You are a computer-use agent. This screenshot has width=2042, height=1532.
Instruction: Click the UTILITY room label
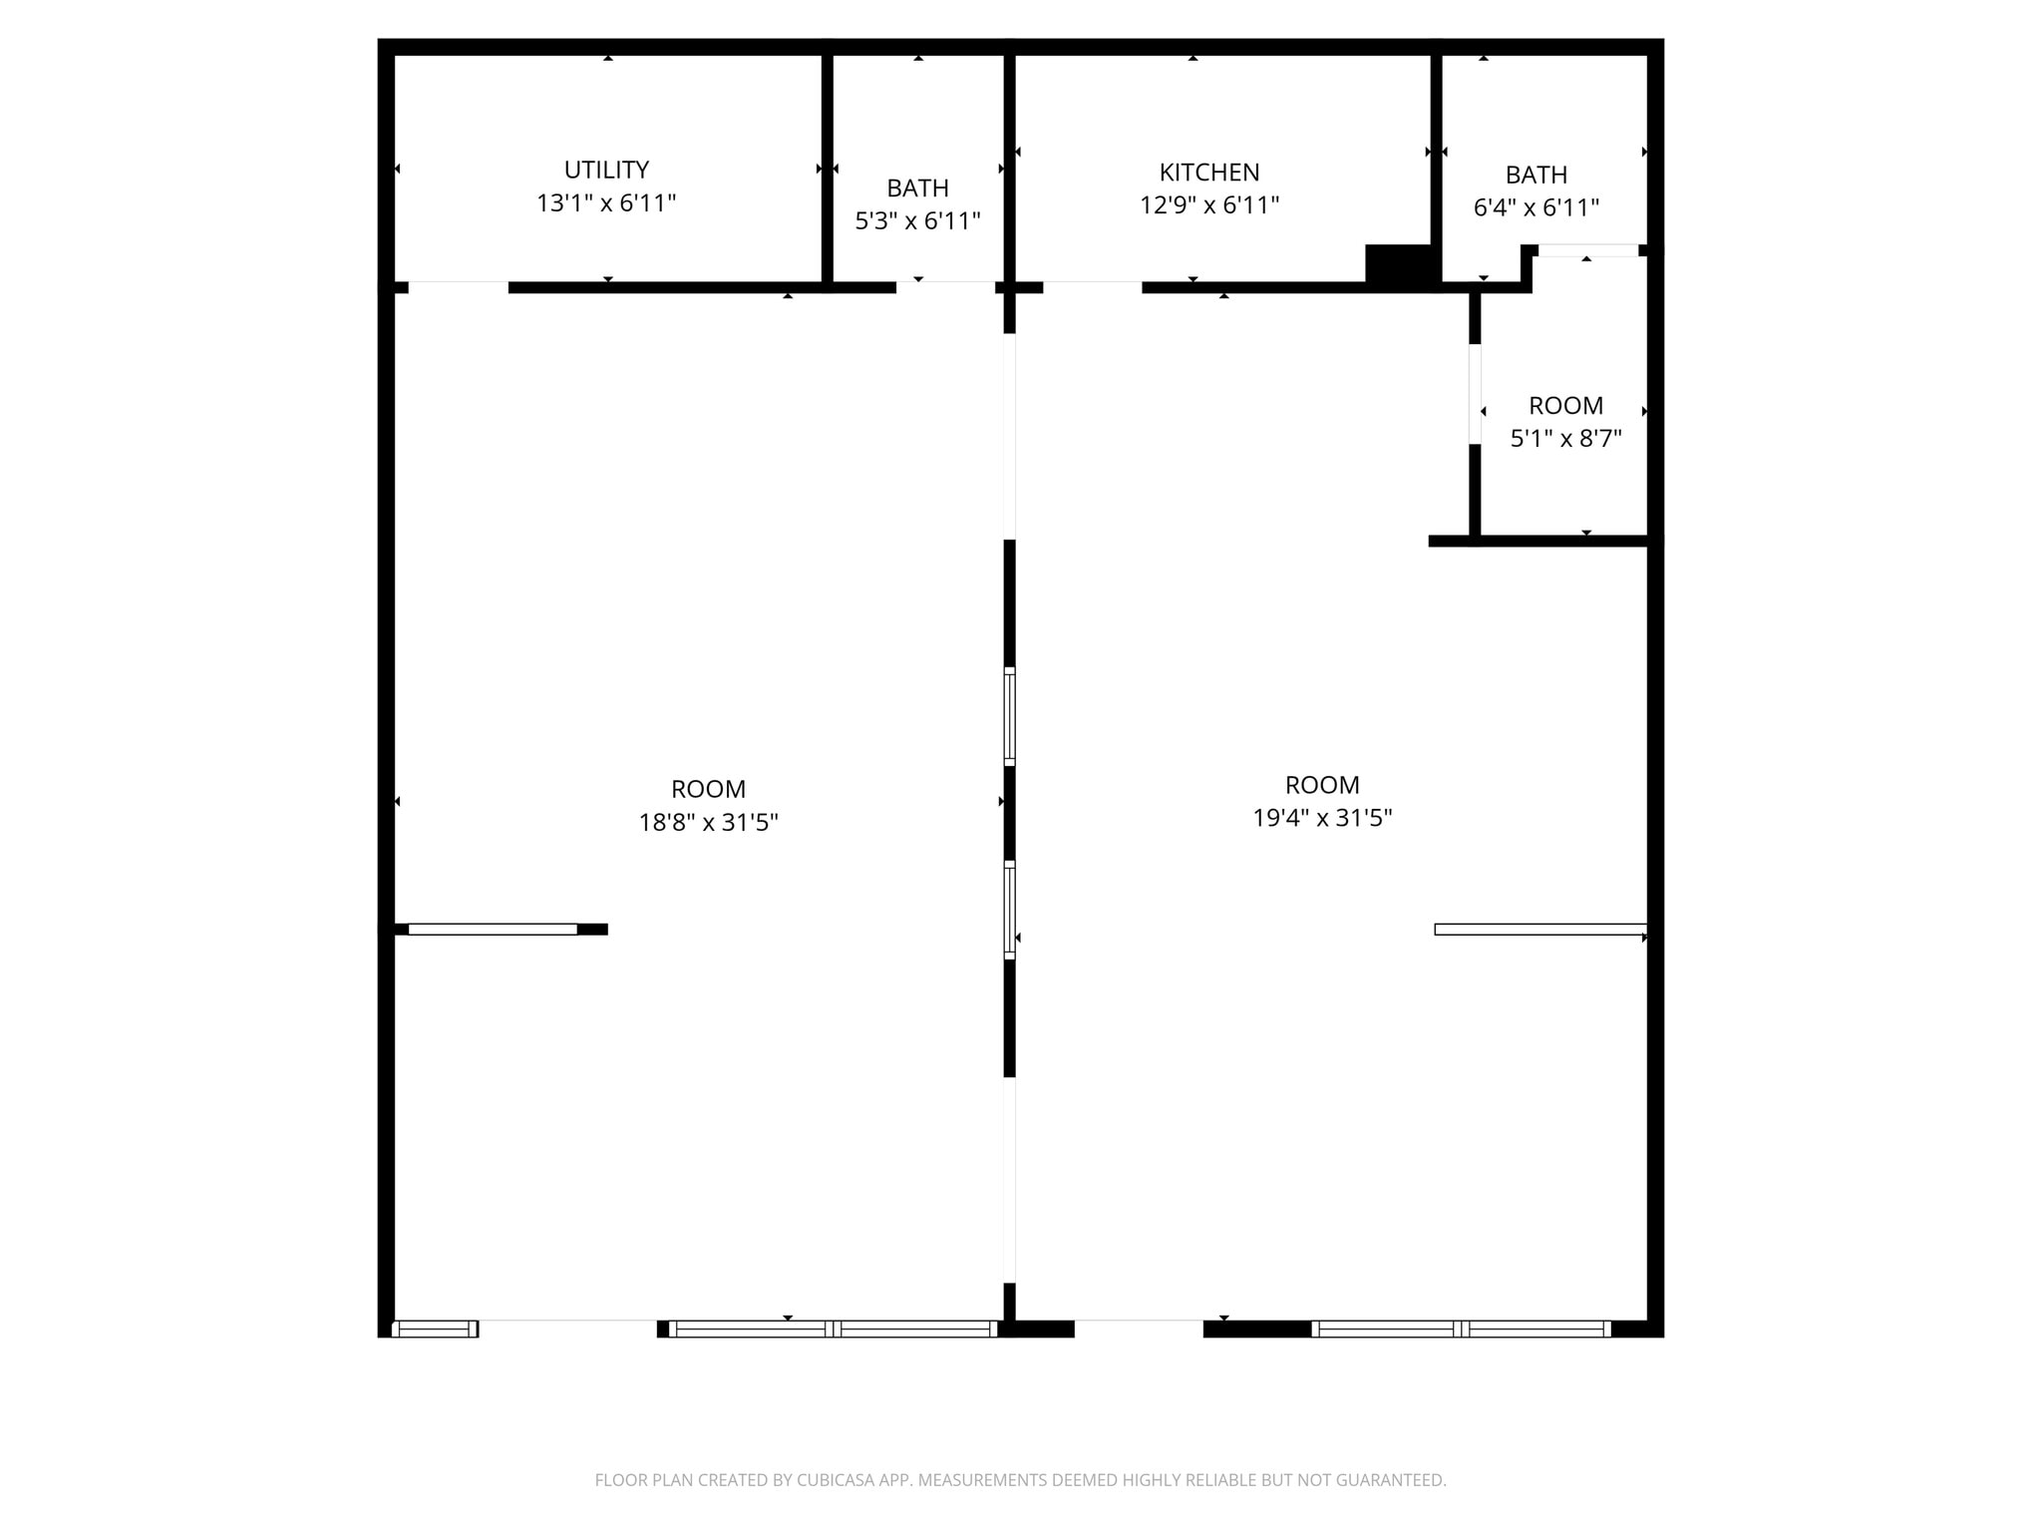coord(606,170)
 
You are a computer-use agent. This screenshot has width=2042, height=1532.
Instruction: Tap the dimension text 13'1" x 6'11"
coord(606,203)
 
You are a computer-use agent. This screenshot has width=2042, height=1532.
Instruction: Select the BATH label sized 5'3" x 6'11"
coord(917,189)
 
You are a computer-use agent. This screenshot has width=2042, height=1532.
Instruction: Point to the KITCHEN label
coord(1208,173)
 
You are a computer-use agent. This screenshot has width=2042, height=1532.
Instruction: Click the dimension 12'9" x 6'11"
coord(1208,205)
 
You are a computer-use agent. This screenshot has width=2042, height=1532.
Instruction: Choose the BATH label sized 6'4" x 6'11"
coord(1535,176)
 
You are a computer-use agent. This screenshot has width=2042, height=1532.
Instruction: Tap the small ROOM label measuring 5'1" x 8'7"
coord(1565,406)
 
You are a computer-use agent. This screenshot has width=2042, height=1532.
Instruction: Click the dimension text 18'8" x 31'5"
coord(708,823)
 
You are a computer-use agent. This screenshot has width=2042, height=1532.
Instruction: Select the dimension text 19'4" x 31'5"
coord(1322,819)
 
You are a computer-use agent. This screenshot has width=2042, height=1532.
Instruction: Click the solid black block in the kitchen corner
coord(1399,265)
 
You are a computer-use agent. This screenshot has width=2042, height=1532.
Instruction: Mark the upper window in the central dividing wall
coord(1009,716)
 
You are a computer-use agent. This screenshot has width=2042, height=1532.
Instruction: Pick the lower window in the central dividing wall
coord(1009,910)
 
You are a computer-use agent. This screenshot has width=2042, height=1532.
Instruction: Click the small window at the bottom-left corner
coord(435,1329)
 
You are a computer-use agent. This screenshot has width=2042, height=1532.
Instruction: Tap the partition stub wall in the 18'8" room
coord(499,930)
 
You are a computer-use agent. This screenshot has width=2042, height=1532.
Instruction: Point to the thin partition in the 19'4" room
coord(1539,930)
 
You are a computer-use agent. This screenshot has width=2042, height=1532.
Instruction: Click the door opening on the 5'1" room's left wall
coord(1475,394)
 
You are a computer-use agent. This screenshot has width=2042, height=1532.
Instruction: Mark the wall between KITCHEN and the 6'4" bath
coord(1436,150)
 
